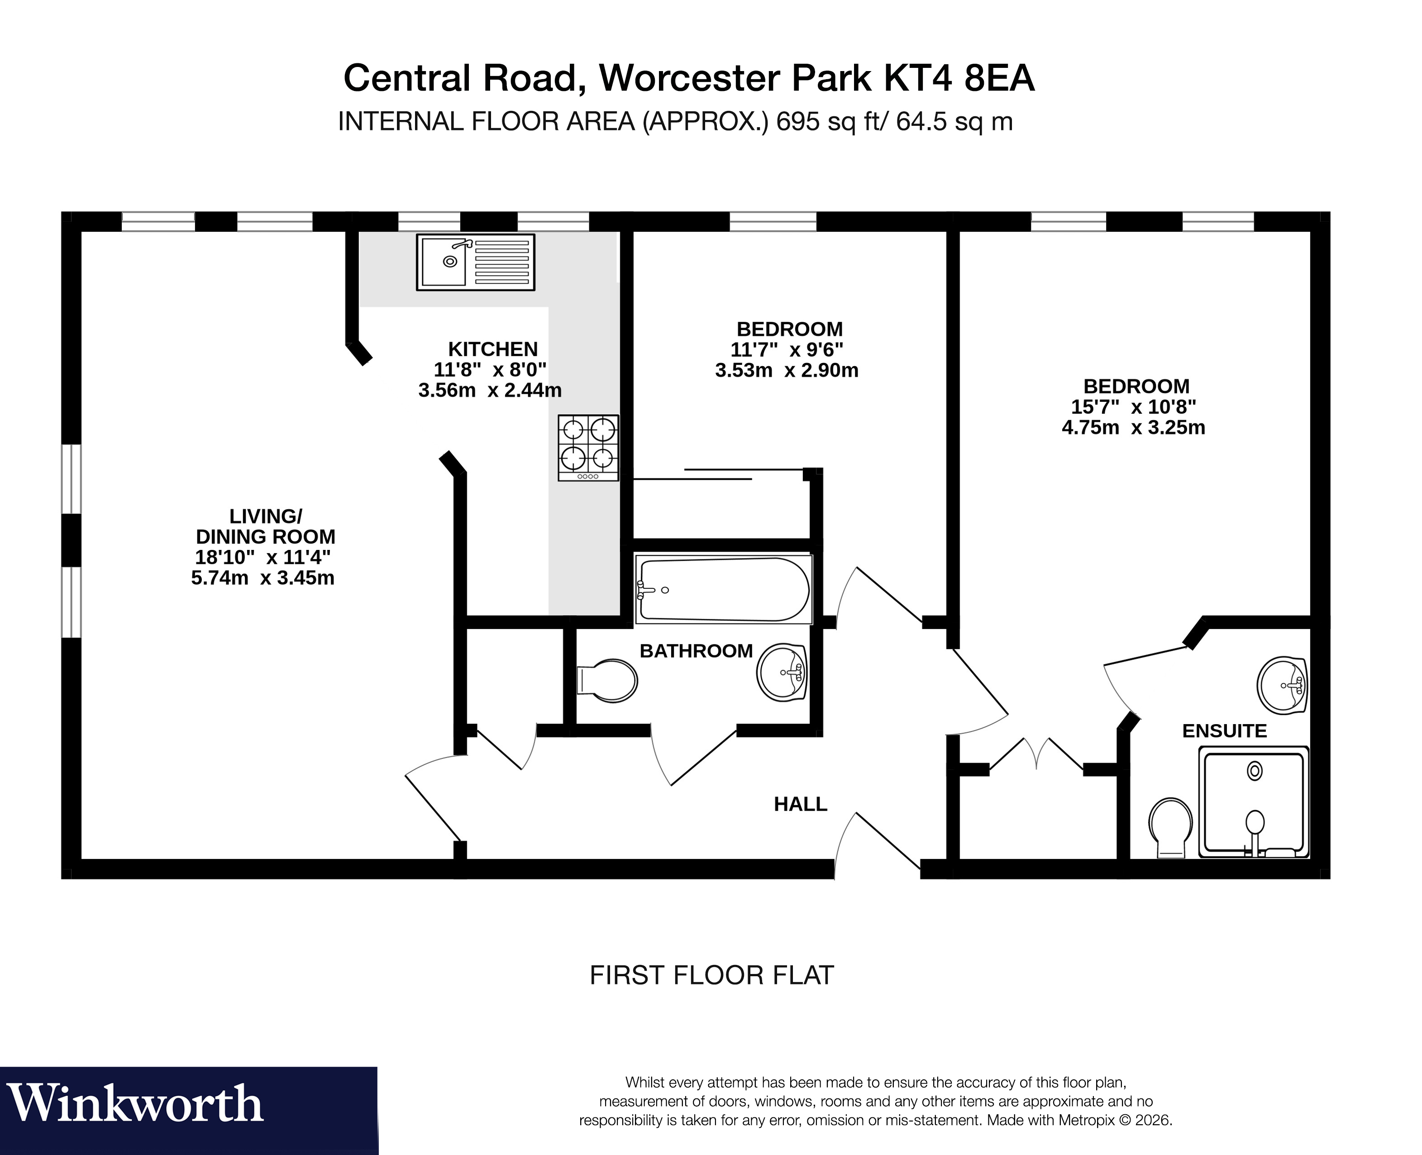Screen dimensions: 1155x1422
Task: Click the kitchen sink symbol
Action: [x=475, y=262]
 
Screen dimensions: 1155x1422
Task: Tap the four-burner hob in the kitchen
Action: [x=588, y=447]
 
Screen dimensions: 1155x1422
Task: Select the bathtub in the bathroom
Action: [x=723, y=589]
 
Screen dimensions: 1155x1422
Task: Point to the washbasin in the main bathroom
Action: [x=783, y=672]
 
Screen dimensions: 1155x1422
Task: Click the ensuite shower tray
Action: [x=1254, y=802]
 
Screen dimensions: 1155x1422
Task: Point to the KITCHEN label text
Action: [x=492, y=349]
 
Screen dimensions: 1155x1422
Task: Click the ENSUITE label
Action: [x=1224, y=731]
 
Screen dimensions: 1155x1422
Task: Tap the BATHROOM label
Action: [x=696, y=651]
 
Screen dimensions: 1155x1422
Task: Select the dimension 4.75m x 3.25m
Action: [x=1133, y=428]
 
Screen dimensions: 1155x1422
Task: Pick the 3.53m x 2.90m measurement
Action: [x=787, y=371]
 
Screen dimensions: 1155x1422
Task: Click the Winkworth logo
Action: [x=136, y=1104]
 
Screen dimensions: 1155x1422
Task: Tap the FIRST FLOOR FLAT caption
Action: [x=711, y=975]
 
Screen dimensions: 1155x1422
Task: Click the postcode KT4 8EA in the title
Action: [x=959, y=78]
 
